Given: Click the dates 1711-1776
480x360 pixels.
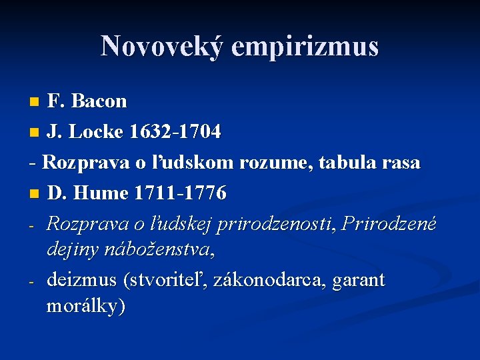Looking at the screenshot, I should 180,193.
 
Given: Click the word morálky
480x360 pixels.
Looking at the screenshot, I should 86,307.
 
